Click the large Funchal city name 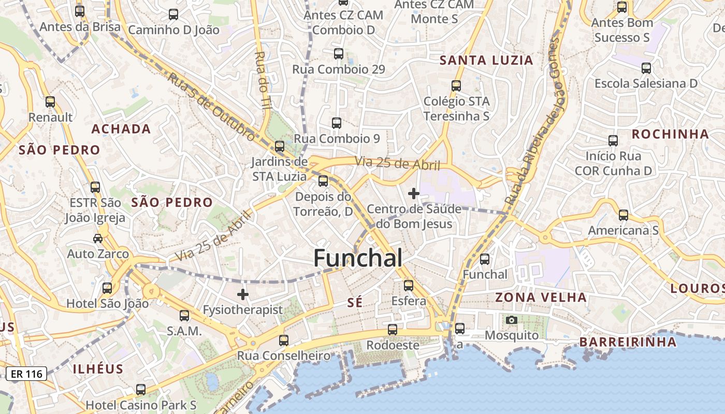click(x=358, y=258)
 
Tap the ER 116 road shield click(x=27, y=373)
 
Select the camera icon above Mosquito click(x=512, y=320)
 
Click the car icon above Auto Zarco click(x=98, y=238)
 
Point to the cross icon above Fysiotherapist click(x=242, y=295)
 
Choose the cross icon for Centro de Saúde click(x=413, y=194)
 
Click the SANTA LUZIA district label click(x=486, y=61)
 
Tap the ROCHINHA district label click(x=670, y=134)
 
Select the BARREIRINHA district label click(x=628, y=342)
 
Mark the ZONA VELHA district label click(x=541, y=297)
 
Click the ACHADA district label click(x=121, y=129)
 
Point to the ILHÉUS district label click(x=98, y=369)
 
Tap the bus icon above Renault click(x=50, y=102)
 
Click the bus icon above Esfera click(x=409, y=285)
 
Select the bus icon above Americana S click(x=624, y=215)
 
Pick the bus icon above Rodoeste click(x=393, y=329)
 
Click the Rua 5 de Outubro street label click(x=212, y=106)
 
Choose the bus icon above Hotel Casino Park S click(x=141, y=389)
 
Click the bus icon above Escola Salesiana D click(x=646, y=68)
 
